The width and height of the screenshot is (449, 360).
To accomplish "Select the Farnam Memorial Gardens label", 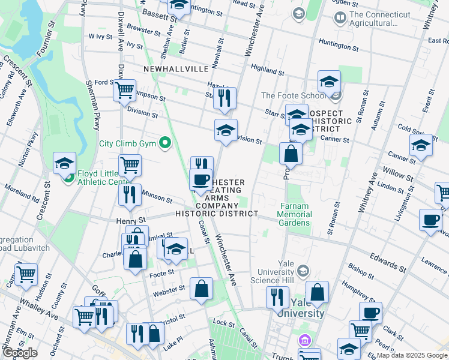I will pyautogui.click(x=294, y=214).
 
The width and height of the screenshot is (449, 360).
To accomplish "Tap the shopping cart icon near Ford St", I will pyautogui.click(x=124, y=91).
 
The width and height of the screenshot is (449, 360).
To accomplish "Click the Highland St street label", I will pyautogui.click(x=268, y=70).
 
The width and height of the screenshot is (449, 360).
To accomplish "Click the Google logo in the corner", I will pyautogui.click(x=20, y=353).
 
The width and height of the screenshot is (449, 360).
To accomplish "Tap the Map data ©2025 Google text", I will pyautogui.click(x=412, y=355).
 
